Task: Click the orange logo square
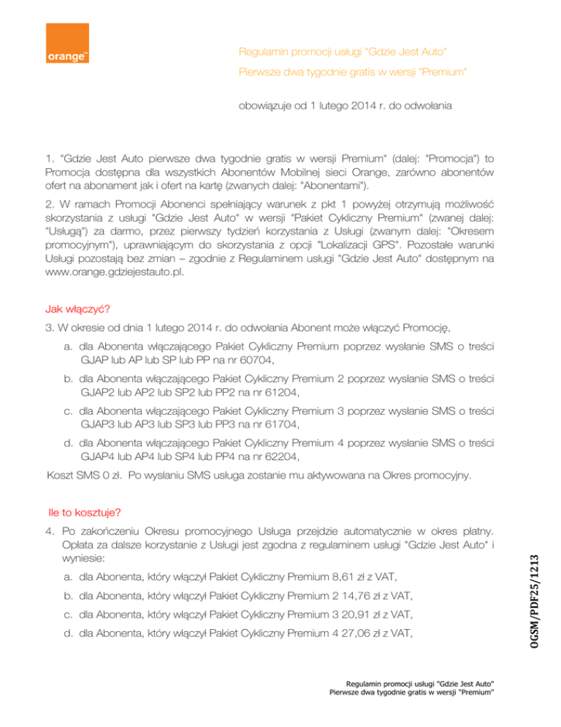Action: tap(68, 45)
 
